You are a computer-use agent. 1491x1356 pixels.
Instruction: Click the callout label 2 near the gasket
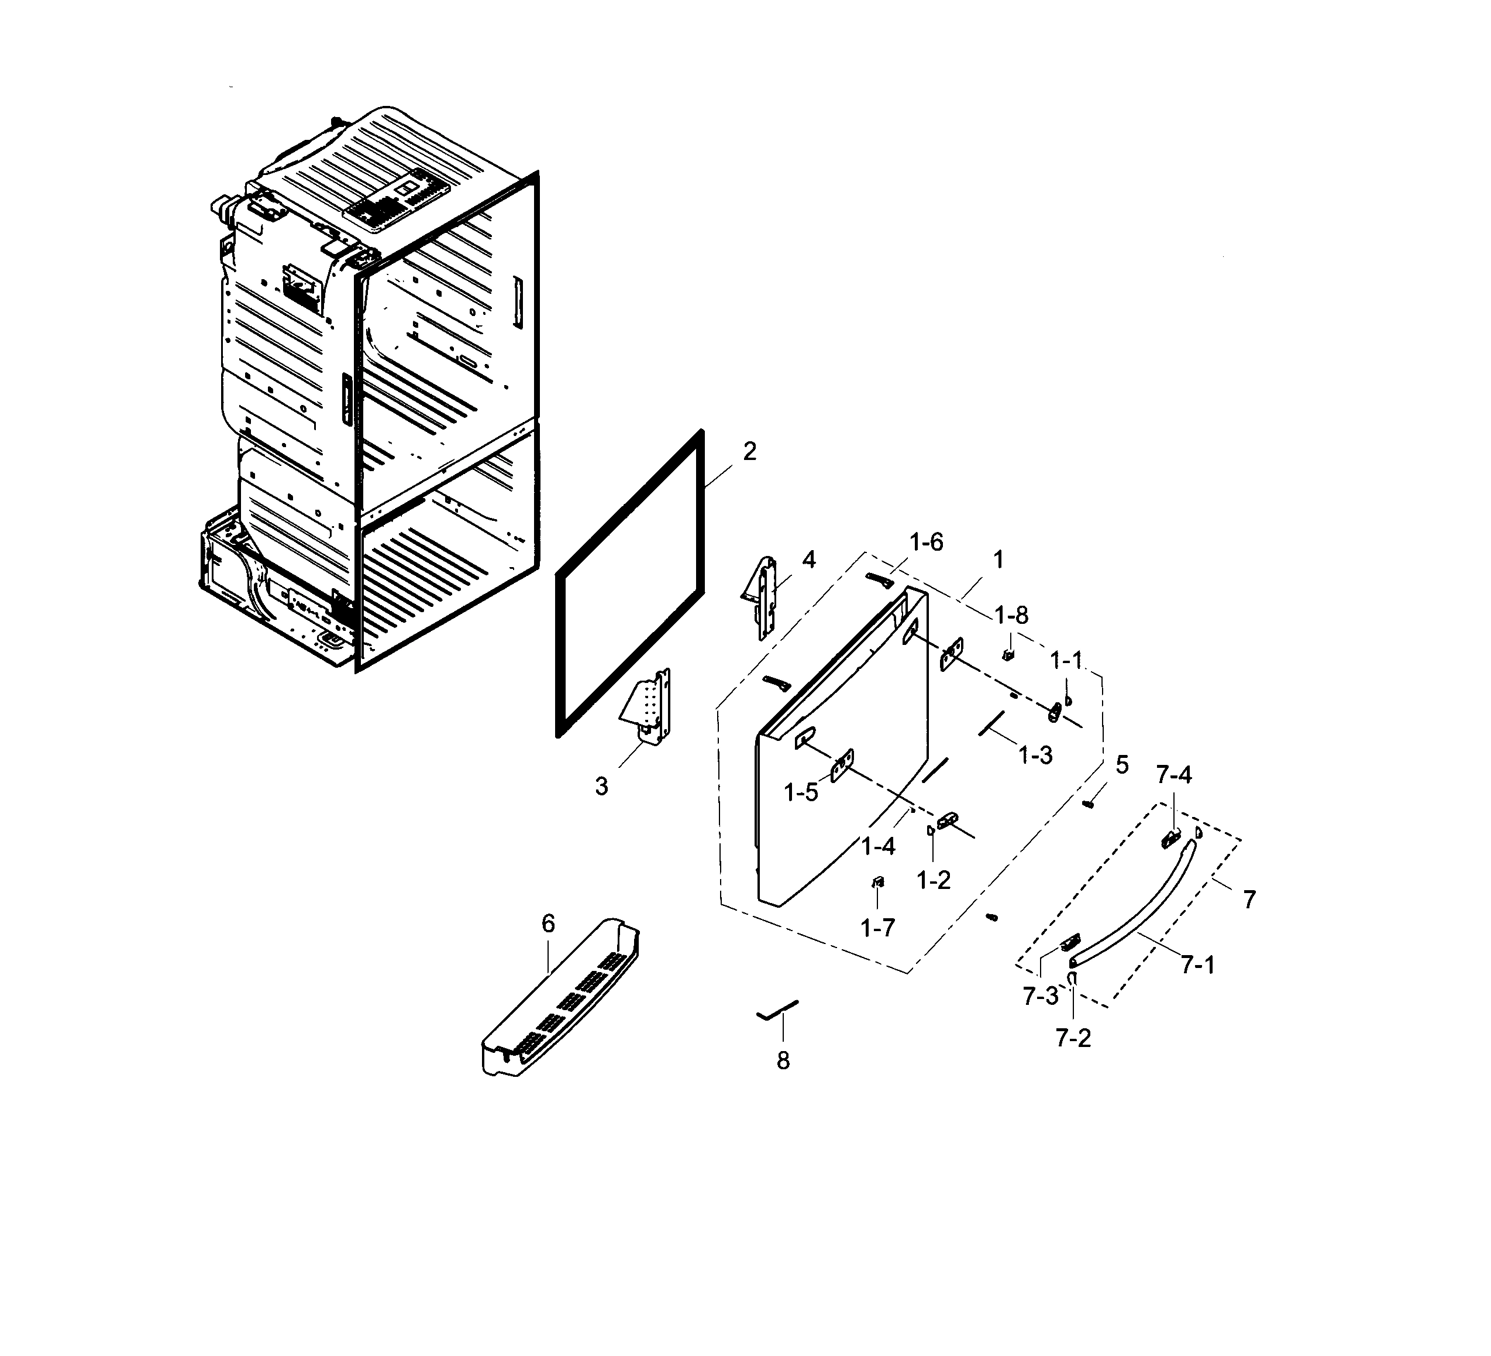click(749, 452)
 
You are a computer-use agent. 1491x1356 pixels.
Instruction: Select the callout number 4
click(809, 560)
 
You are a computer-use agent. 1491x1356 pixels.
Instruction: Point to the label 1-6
click(926, 543)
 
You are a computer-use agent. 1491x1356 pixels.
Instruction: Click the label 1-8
click(1011, 616)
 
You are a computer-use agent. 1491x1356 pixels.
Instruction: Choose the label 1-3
click(1035, 756)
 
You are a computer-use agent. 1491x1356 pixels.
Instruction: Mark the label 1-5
click(801, 793)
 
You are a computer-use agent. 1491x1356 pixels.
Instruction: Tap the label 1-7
click(878, 928)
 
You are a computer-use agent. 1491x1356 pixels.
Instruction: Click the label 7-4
click(1174, 775)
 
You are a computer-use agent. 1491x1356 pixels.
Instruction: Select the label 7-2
click(1073, 1039)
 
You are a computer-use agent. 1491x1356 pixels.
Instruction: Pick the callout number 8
click(783, 1062)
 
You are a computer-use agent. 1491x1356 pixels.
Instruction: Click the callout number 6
click(548, 924)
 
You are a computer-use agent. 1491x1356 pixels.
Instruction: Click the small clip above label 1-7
click(878, 881)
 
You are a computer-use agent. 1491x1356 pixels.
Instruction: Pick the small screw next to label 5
click(1088, 804)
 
